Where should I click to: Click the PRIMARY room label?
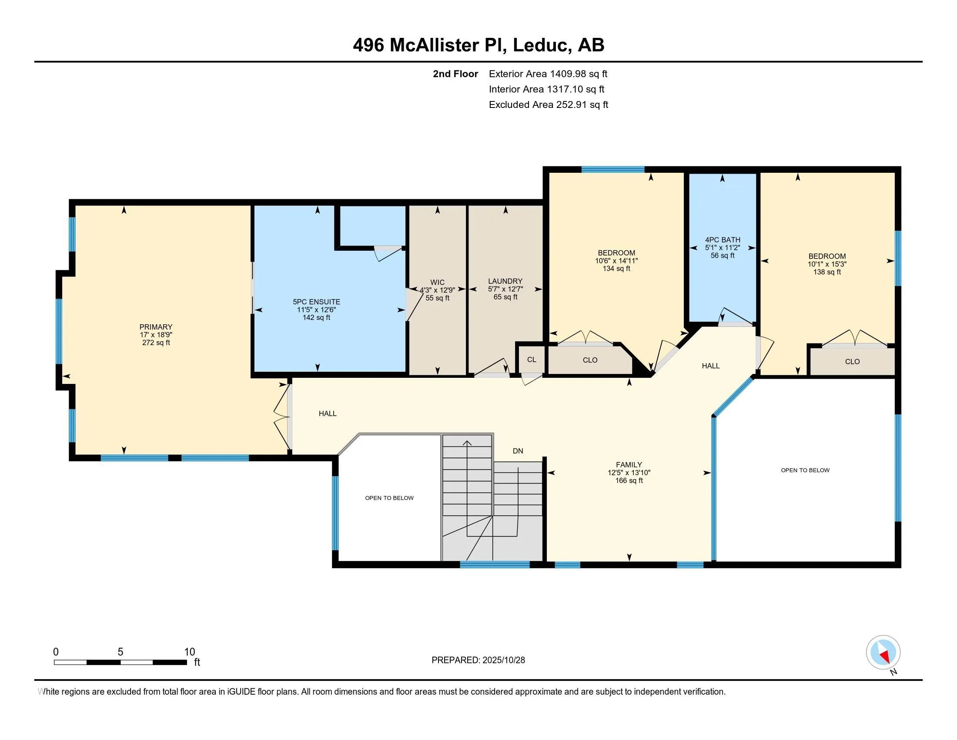156,327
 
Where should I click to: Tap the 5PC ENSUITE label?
316,302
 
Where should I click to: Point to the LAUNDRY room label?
505,282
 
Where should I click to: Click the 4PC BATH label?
723,240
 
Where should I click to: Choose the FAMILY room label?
629,465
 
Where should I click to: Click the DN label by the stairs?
518,451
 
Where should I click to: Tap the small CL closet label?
532,360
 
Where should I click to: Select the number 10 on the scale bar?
189,652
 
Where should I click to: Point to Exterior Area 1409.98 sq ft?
548,74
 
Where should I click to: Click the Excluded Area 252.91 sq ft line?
548,105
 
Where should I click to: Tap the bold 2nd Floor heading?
455,74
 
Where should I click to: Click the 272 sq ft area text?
156,343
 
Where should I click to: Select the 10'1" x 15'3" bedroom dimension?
827,264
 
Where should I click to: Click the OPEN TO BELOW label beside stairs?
389,498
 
